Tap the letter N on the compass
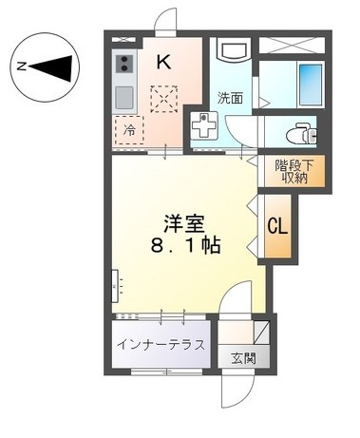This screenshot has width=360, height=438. pyautogui.click(x=21, y=66)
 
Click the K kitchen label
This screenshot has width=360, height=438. pyautogui.click(x=163, y=63)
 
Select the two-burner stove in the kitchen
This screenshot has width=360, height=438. pyautogui.click(x=123, y=65)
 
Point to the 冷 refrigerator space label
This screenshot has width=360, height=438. pyautogui.click(x=130, y=131)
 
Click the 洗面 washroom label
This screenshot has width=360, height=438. pyautogui.click(x=230, y=97)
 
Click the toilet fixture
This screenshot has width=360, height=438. pyautogui.click(x=301, y=130)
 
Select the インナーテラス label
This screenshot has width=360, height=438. pyautogui.click(x=161, y=344)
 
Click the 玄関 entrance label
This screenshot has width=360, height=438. pyautogui.click(x=242, y=358)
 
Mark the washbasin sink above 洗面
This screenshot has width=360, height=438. pyautogui.click(x=231, y=49)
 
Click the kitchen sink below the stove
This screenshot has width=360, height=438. pyautogui.click(x=123, y=96)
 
